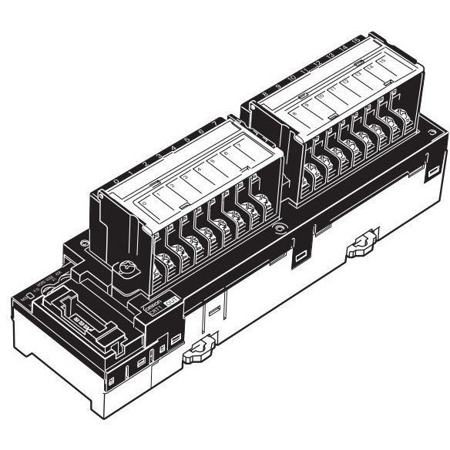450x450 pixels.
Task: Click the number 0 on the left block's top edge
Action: pyautogui.click(x=116, y=182)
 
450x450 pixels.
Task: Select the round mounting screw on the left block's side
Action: pyautogui.click(x=123, y=270)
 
